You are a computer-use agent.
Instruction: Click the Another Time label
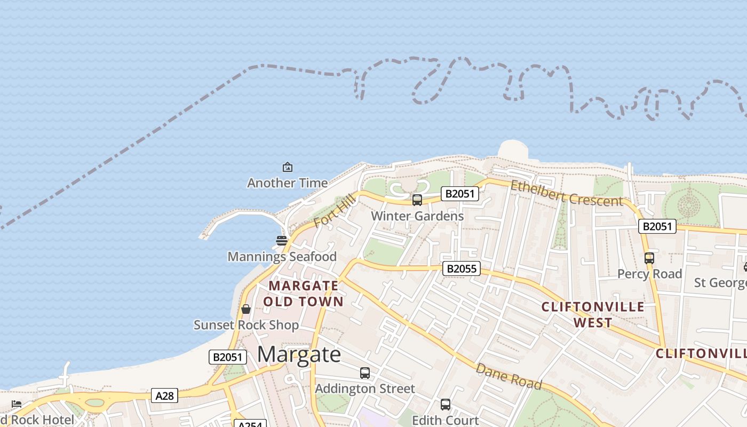coord(287,183)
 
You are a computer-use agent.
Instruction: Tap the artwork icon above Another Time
coord(288,167)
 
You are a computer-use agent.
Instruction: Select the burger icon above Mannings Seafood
coord(282,241)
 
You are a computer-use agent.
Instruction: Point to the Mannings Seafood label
coord(282,257)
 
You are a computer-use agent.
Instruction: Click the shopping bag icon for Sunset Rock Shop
coord(246,309)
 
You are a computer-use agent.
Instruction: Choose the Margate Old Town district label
coord(303,294)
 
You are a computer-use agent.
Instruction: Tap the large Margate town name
coord(299,354)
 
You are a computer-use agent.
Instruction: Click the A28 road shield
coord(164,396)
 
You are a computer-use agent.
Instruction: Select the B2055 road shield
coord(461,268)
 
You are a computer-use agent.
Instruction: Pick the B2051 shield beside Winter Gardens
coord(459,194)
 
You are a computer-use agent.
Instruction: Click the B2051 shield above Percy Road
coord(657,226)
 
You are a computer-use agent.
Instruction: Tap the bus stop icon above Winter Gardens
coord(417,200)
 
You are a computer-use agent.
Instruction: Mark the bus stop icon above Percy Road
coord(649,258)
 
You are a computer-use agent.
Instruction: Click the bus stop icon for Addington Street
coord(365,373)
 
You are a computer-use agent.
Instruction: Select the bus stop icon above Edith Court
coord(446,405)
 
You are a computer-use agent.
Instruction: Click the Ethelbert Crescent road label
coord(567,193)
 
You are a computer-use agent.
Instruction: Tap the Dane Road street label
coord(508,377)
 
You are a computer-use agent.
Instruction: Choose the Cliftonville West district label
coord(593,315)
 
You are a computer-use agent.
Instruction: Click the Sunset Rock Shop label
coord(246,325)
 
